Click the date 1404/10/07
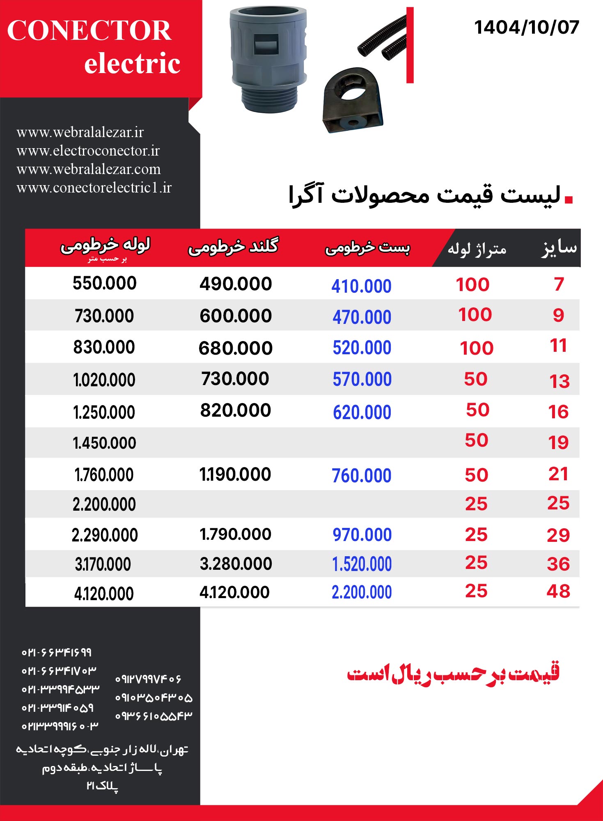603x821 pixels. point(526,28)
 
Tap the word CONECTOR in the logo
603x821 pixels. point(89,30)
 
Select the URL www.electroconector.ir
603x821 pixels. point(88,151)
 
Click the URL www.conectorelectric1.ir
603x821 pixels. point(94,188)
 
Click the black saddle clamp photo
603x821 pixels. point(353,101)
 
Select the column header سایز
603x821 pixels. point(559,248)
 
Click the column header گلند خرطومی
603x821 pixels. point(233,247)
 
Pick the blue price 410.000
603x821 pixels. point(361,286)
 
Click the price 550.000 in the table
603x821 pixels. point(104,283)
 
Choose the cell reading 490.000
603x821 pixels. point(236,284)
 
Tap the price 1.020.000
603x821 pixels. point(104,380)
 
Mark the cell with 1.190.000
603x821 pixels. point(235,475)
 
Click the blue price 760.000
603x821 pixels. point(361,476)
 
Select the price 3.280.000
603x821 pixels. point(236,564)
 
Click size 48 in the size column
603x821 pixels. point(558,592)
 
